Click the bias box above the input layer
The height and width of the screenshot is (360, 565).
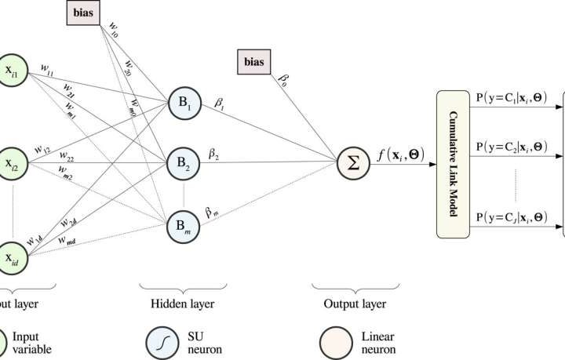(82, 13)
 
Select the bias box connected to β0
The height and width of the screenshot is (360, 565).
(256, 61)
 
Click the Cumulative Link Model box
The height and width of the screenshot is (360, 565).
(453, 164)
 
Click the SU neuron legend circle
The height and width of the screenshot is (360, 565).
(162, 342)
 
